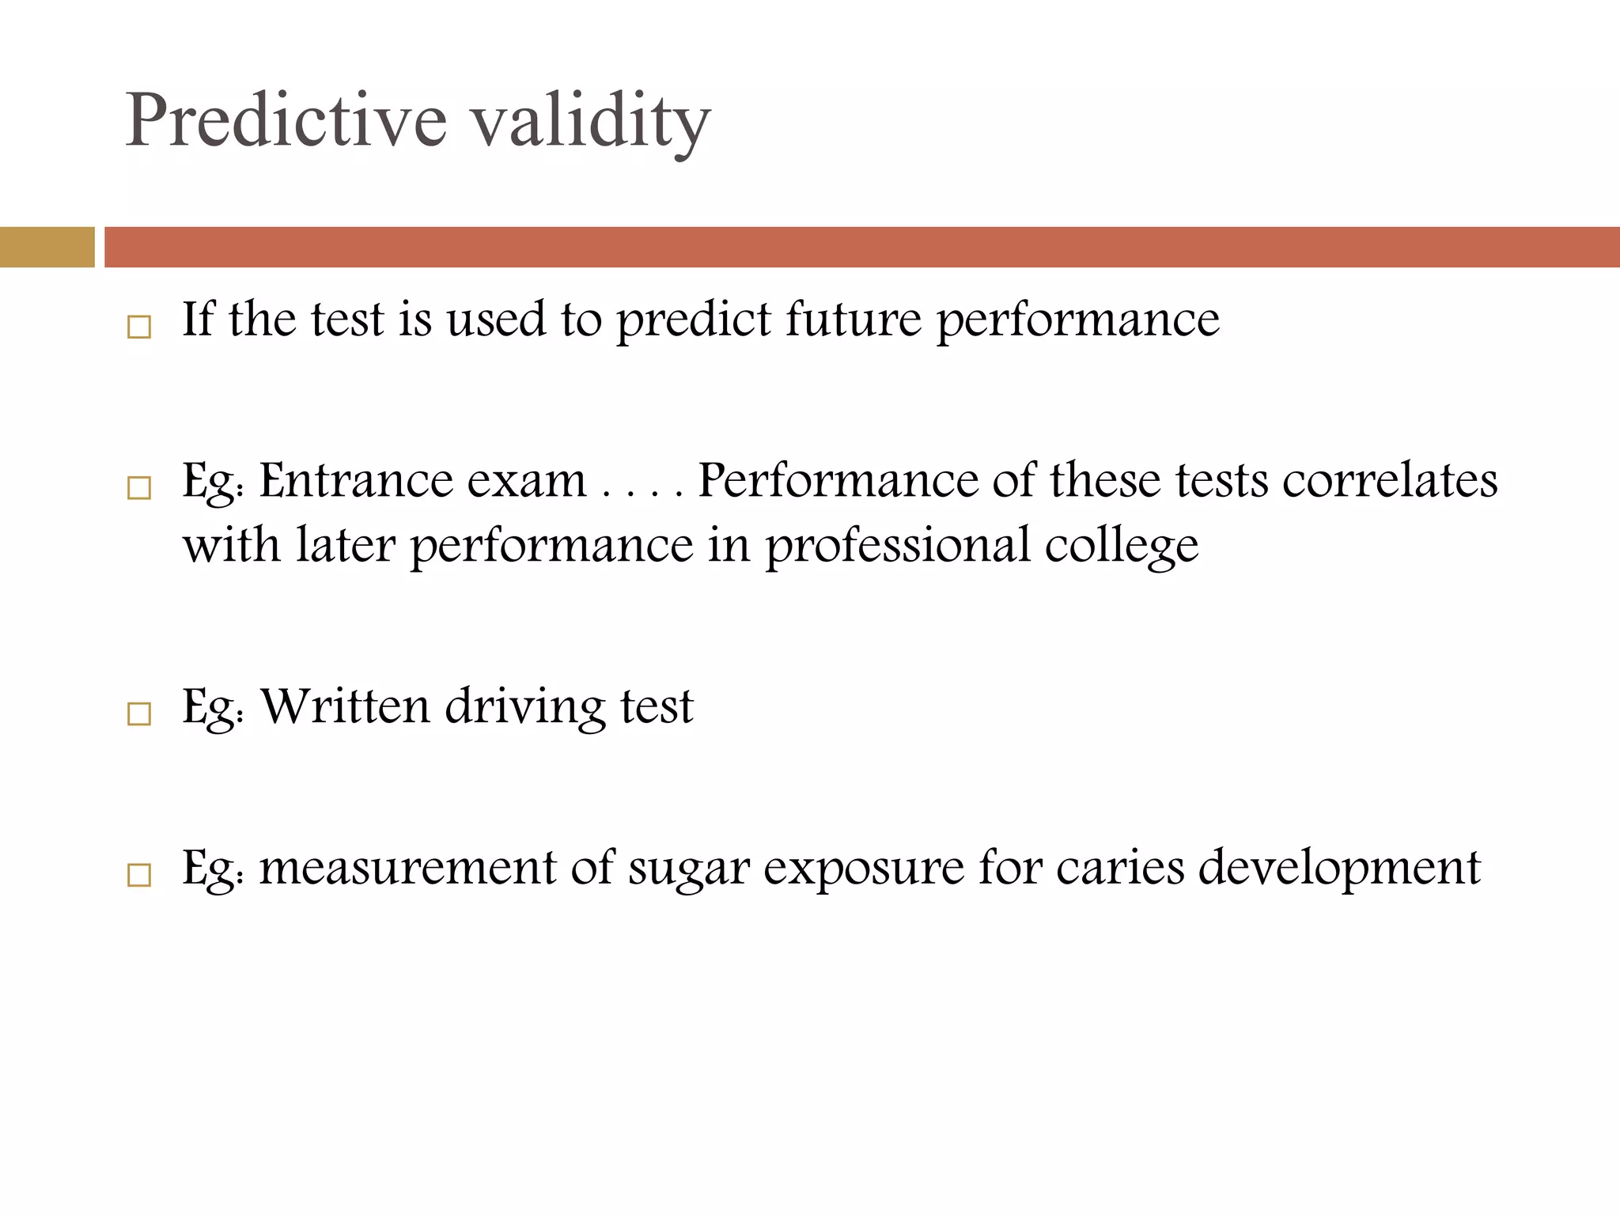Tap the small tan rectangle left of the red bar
point(47,247)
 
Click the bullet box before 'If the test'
point(139,327)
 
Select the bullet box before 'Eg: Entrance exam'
point(139,488)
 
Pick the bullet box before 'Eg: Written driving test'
point(139,714)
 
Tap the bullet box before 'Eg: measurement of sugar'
point(139,875)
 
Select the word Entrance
point(355,480)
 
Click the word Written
point(345,706)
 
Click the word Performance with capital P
point(838,480)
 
